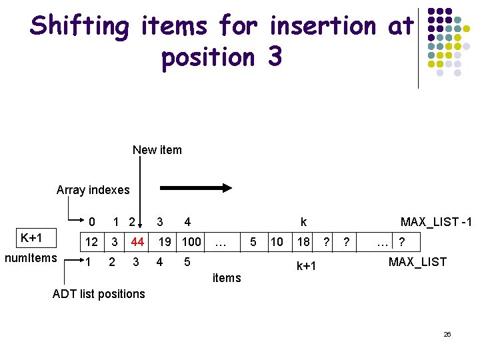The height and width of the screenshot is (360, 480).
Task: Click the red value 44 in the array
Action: (x=137, y=241)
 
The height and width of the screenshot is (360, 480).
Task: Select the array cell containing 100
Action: (x=191, y=241)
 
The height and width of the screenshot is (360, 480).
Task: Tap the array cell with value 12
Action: (x=91, y=241)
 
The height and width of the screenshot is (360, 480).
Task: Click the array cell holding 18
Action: (x=303, y=241)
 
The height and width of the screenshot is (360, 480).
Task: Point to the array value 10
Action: (x=277, y=241)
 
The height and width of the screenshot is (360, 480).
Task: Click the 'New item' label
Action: (x=157, y=150)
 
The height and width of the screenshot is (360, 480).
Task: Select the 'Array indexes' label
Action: (x=93, y=190)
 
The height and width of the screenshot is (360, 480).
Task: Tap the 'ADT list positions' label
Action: (x=99, y=294)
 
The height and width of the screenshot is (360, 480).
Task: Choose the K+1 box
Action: (x=31, y=239)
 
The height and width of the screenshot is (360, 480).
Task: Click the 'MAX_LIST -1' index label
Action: (x=435, y=222)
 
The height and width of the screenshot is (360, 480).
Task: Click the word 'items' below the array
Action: (x=227, y=278)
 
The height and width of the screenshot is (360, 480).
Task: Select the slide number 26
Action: (x=447, y=334)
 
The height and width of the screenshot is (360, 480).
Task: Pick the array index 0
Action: (x=92, y=222)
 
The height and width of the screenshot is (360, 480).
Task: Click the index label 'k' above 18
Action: (x=304, y=222)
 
